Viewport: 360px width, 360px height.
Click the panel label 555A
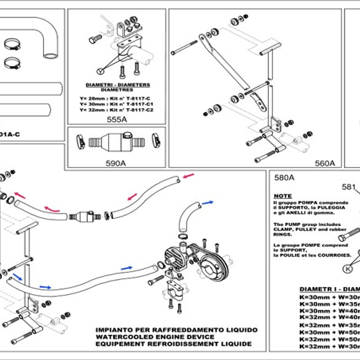pyautogui.click(x=117, y=120)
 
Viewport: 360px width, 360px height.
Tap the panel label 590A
pyautogui.click(x=116, y=163)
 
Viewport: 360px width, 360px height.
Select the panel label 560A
pyautogui.click(x=325, y=163)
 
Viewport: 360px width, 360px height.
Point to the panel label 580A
pyautogui.click(x=285, y=178)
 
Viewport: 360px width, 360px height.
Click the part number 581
pyautogui.click(x=349, y=187)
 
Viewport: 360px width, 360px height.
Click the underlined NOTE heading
pyautogui.click(x=283, y=196)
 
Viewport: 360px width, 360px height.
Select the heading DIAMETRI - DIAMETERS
pyautogui.click(x=118, y=85)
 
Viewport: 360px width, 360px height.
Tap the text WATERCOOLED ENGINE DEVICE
pyautogui.click(x=155, y=337)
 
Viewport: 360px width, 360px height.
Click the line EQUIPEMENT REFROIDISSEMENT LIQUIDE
pyautogui.click(x=173, y=344)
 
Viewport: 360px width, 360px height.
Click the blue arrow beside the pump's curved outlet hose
pyautogui.click(x=207, y=202)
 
